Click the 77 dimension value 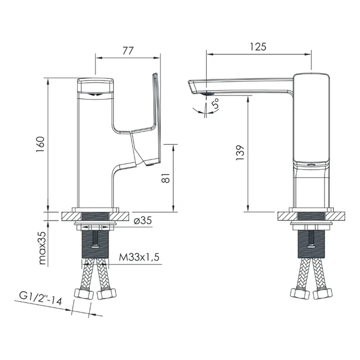[x=127, y=51]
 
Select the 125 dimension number [x=258, y=47]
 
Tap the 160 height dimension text [x=40, y=144]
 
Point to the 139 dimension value [x=240, y=153]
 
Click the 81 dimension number [x=166, y=178]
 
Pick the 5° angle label [x=215, y=103]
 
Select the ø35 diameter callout [x=143, y=221]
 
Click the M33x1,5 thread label [x=139, y=257]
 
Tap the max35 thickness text [x=43, y=248]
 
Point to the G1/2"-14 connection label [x=41, y=298]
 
